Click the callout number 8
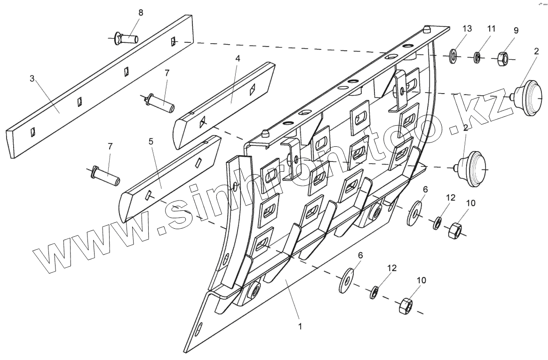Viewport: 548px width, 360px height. pos(140,13)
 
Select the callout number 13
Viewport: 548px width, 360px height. pos(467,28)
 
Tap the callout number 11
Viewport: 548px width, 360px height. pos(491,29)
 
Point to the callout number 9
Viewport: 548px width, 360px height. pos(516,31)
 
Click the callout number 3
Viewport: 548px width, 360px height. pos(32,78)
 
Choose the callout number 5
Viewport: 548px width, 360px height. pos(151,141)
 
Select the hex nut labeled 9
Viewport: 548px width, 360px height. pos(503,58)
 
